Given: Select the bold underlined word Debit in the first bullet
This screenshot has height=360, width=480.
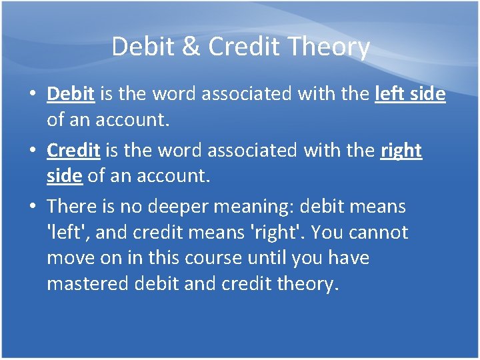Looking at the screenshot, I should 70,94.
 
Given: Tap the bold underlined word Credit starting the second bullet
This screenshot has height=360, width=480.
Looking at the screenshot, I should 73,151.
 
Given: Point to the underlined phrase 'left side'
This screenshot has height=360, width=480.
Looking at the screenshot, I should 410,94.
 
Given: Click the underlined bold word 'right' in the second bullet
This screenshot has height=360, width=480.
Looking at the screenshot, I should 401,151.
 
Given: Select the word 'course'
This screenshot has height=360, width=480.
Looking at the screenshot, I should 223,258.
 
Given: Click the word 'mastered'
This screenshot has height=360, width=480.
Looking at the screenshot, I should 89,283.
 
